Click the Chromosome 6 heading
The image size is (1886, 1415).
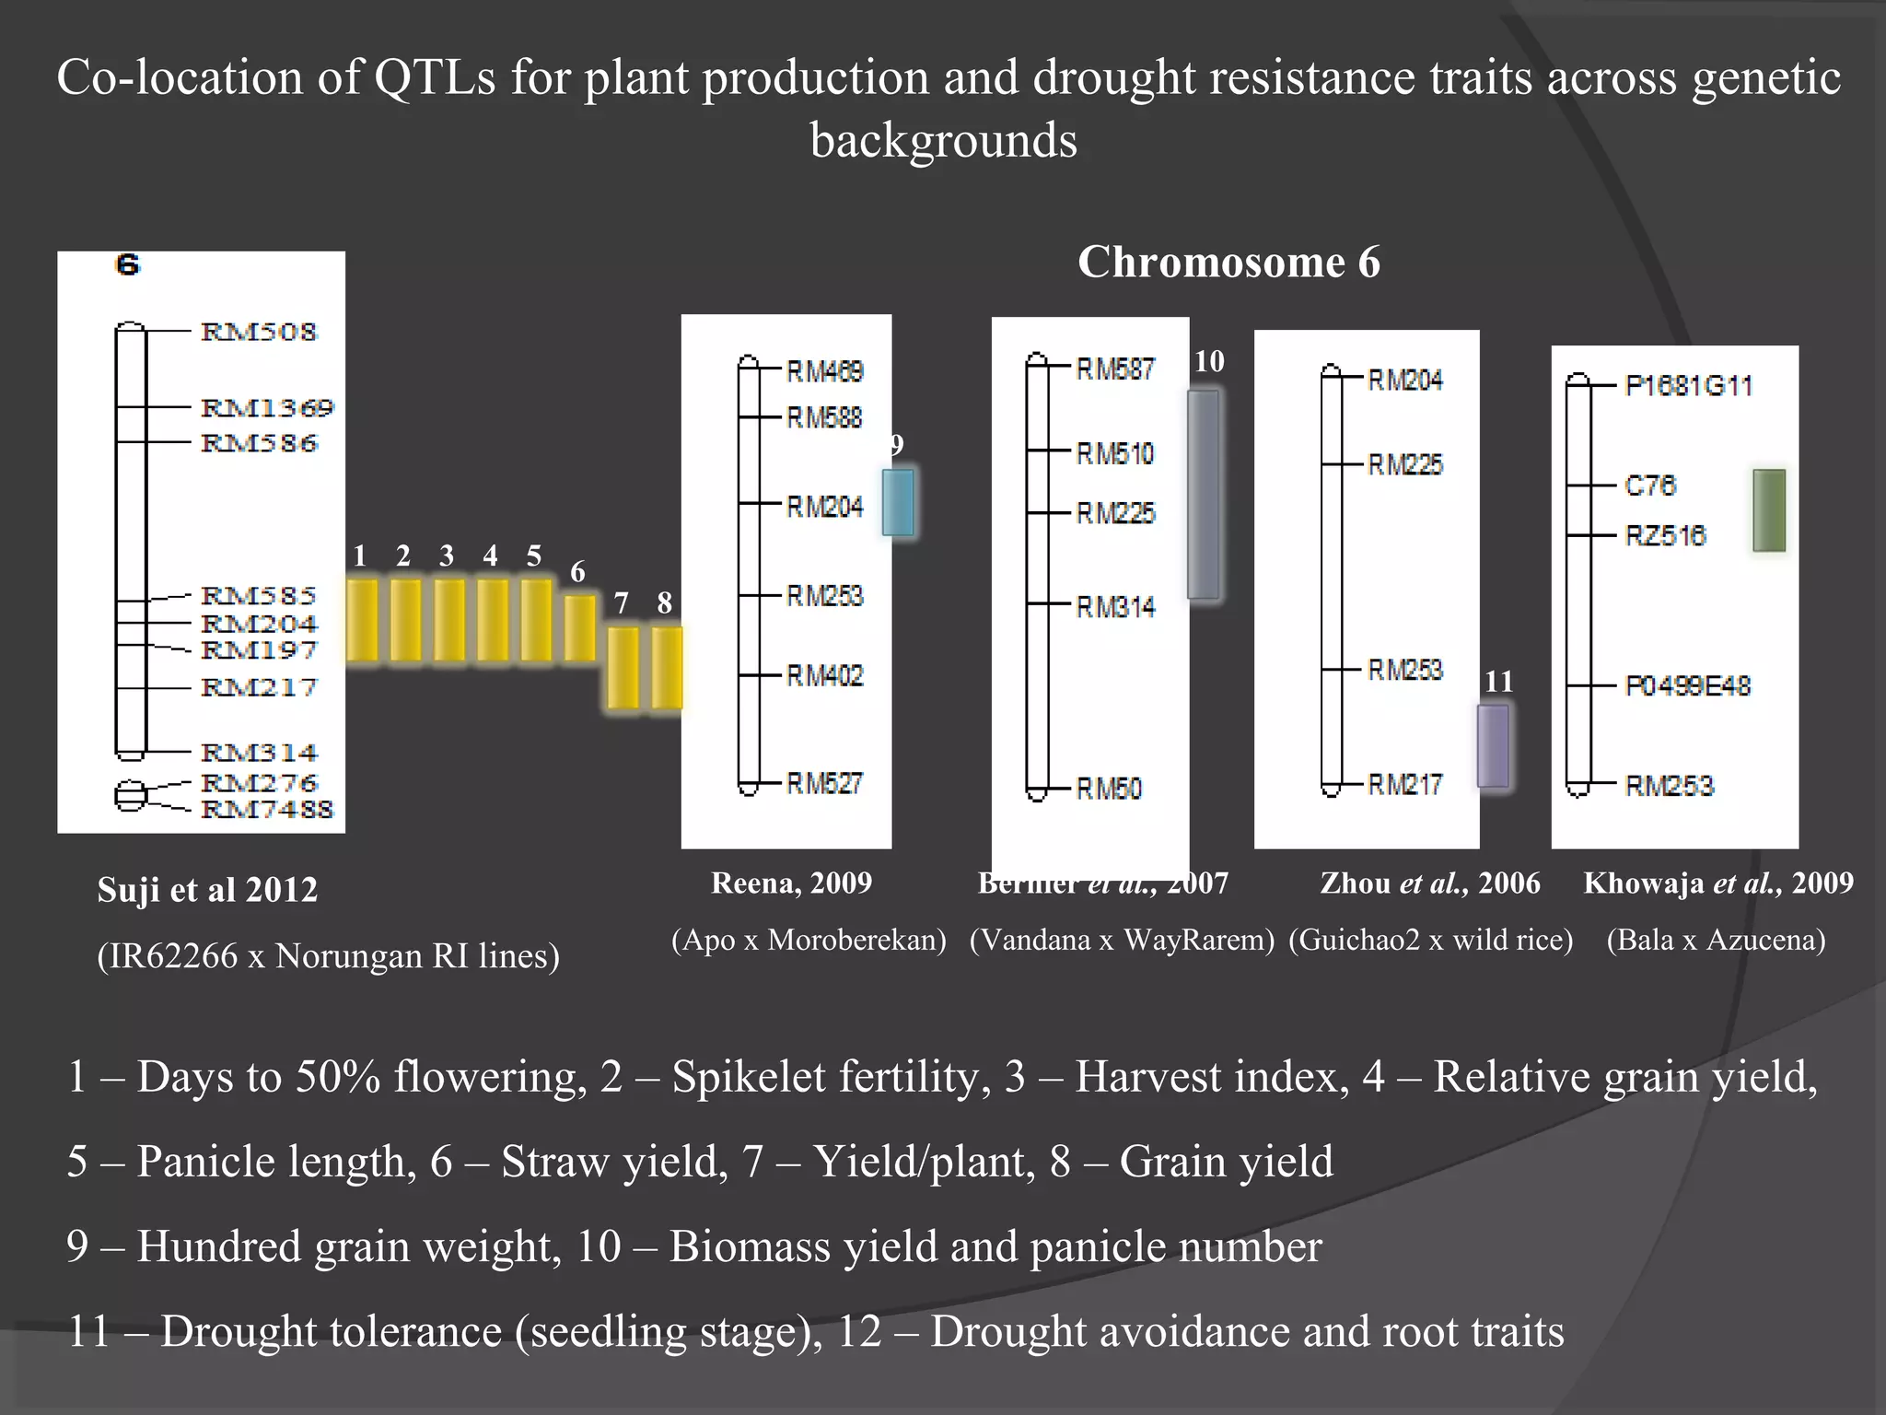(1228, 263)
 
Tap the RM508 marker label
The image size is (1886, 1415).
(259, 332)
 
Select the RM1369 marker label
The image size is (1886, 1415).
(267, 407)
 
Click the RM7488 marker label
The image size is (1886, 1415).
(267, 809)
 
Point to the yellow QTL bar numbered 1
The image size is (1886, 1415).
(362, 619)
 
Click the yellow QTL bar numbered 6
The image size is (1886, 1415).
(579, 627)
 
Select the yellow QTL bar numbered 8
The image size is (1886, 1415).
(667, 668)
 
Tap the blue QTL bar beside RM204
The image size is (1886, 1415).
(898, 502)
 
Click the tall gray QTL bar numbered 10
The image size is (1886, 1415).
(1203, 495)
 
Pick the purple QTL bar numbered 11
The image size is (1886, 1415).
(1493, 745)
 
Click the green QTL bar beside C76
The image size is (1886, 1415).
(1768, 510)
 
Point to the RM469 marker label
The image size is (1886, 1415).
(824, 372)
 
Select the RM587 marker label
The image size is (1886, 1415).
(1115, 369)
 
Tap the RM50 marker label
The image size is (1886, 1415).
(1109, 789)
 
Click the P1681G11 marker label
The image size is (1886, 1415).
(1688, 385)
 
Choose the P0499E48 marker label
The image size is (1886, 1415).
(1687, 685)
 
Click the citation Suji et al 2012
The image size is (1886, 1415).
(207, 890)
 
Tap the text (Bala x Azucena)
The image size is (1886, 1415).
(1716, 940)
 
